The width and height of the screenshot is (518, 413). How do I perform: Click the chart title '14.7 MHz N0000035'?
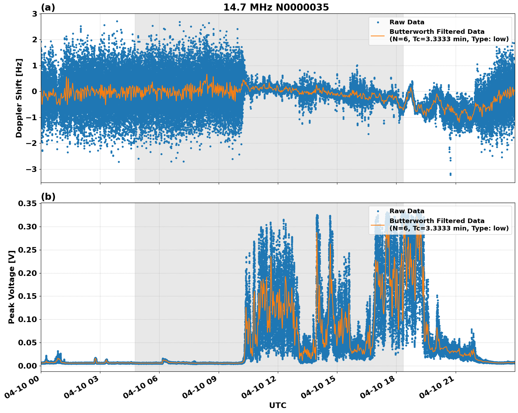pyautogui.click(x=276, y=7)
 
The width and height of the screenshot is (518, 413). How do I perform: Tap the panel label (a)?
pyautogui.click(x=48, y=7)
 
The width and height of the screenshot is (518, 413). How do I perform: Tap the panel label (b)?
pyautogui.click(x=48, y=197)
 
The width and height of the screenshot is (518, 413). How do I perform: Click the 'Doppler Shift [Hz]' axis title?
pyautogui.click(x=19, y=98)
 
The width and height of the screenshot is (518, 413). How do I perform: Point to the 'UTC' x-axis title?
pyautogui.click(x=277, y=405)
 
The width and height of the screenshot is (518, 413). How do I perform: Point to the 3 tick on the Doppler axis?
pyautogui.click(x=35, y=14)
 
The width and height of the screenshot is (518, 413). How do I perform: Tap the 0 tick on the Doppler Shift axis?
pyautogui.click(x=35, y=91)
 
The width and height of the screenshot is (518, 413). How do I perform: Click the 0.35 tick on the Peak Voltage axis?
pyautogui.click(x=27, y=203)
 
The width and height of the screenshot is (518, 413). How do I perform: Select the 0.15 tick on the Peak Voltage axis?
pyautogui.click(x=27, y=296)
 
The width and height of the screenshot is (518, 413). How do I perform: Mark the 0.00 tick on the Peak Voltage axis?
pyautogui.click(x=27, y=366)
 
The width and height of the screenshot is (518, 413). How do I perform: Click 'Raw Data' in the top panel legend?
pyautogui.click(x=407, y=23)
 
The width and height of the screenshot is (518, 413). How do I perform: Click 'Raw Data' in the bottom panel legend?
pyautogui.click(x=407, y=211)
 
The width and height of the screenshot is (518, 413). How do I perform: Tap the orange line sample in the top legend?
pyautogui.click(x=377, y=35)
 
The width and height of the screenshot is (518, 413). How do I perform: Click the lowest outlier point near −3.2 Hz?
pyautogui.click(x=450, y=174)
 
